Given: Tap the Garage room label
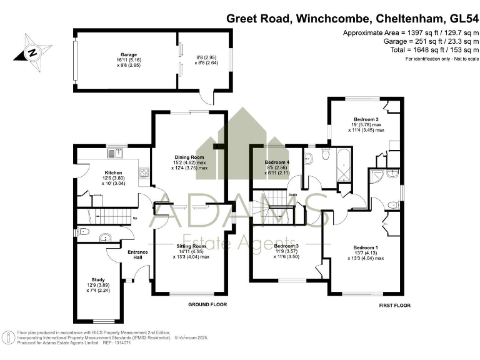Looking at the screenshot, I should coord(129,54).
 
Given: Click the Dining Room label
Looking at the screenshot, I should coord(189,157).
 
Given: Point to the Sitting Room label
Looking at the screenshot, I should coord(191,246).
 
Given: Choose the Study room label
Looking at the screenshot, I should coord(97,279).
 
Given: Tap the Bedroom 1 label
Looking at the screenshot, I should coord(366,247).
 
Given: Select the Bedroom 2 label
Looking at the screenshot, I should coord(366,119).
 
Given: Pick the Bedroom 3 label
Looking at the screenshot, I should coord(287,246).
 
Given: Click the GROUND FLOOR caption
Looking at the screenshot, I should coord(207,304).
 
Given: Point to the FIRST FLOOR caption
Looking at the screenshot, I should coord(394,305).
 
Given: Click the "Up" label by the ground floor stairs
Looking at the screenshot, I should coord(135,218).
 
